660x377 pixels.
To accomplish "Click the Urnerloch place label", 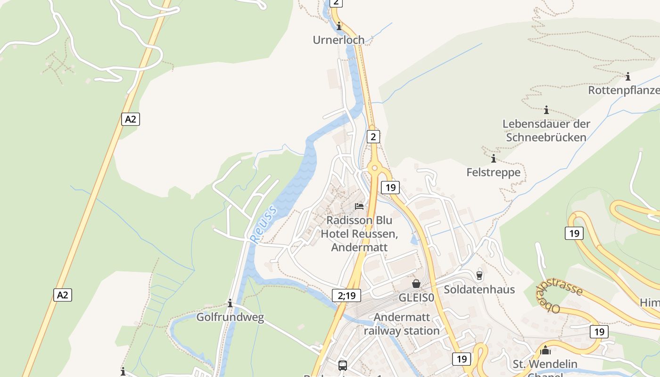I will [338, 40].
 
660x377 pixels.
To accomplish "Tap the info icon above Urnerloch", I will [338, 26].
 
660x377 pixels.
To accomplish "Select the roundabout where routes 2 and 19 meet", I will [374, 168].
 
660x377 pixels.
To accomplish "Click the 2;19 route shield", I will [346, 295].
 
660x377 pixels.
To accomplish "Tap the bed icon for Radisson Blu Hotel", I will [359, 206].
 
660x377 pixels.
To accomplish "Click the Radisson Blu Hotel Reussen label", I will [359, 234].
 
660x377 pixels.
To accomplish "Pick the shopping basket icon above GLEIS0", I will [416, 284].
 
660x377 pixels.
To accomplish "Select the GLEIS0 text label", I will [416, 298].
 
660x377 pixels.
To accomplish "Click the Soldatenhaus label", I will [479, 289].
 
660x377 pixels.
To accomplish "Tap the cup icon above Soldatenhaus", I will [479, 275].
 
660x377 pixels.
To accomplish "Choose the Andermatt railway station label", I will [402, 324].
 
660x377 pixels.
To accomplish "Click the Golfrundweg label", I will [230, 317].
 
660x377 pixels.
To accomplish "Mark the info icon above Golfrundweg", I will [230, 303].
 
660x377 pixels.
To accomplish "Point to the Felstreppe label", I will [493, 172].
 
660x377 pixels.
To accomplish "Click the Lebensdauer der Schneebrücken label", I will [546, 131].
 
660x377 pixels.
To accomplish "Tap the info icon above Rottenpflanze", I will [627, 76].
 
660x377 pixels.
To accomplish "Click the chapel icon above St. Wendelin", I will [545, 350].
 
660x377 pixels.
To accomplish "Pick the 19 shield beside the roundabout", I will [390, 188].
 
